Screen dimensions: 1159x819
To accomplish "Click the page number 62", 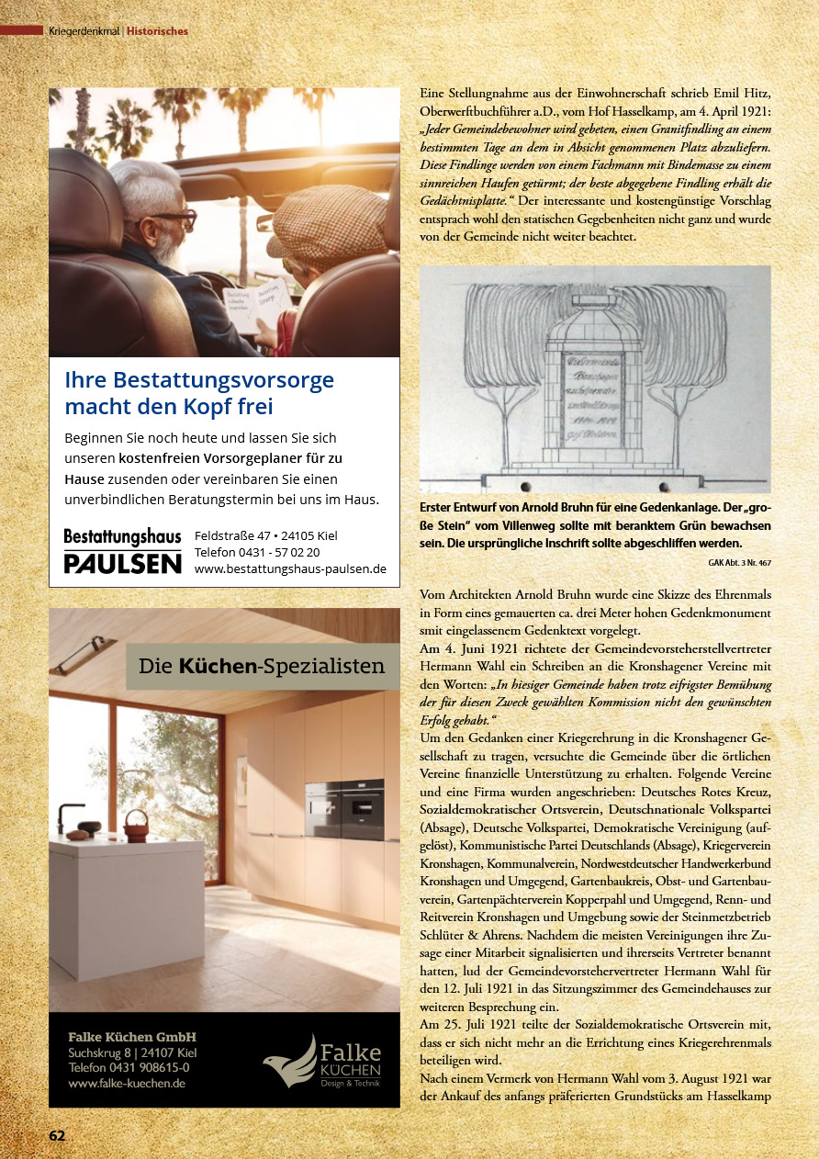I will click(57, 1135).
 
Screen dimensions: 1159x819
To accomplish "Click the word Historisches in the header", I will click(157, 31).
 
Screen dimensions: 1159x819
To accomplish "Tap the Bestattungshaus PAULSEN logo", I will click(122, 551).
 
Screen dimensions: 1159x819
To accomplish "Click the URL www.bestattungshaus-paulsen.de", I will click(290, 568).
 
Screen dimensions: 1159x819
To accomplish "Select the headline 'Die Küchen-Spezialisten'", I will click(262, 667).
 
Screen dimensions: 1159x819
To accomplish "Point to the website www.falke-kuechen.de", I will click(128, 1083).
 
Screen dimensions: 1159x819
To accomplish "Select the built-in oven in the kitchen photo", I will click(343, 808).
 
